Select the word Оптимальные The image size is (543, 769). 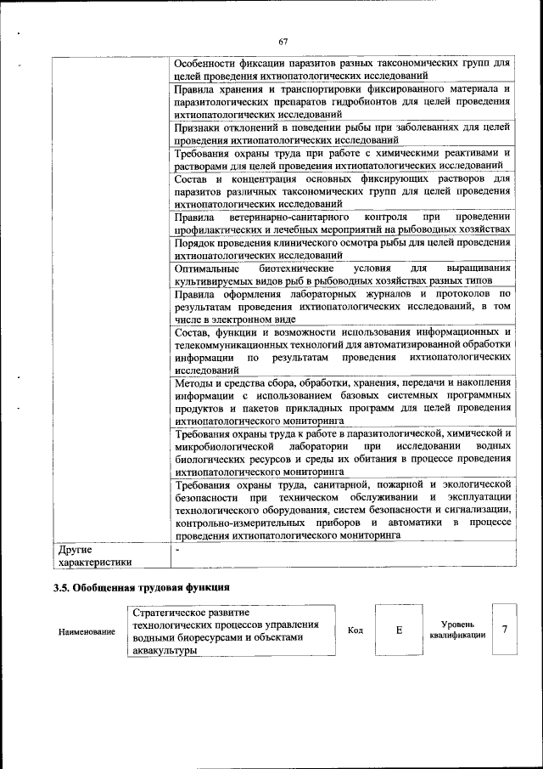pyautogui.click(x=205, y=268)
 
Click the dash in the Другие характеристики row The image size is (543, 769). pyautogui.click(x=176, y=550)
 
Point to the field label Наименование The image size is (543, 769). pyautogui.click(x=87, y=632)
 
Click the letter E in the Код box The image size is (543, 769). pyautogui.click(x=398, y=631)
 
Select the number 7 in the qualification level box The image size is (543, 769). pyautogui.click(x=505, y=630)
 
